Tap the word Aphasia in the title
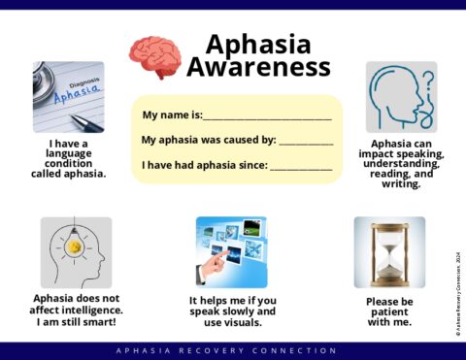258,44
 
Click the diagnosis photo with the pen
68,97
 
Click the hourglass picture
389,252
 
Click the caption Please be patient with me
389,311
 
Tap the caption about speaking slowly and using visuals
232,311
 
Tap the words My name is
171,115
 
